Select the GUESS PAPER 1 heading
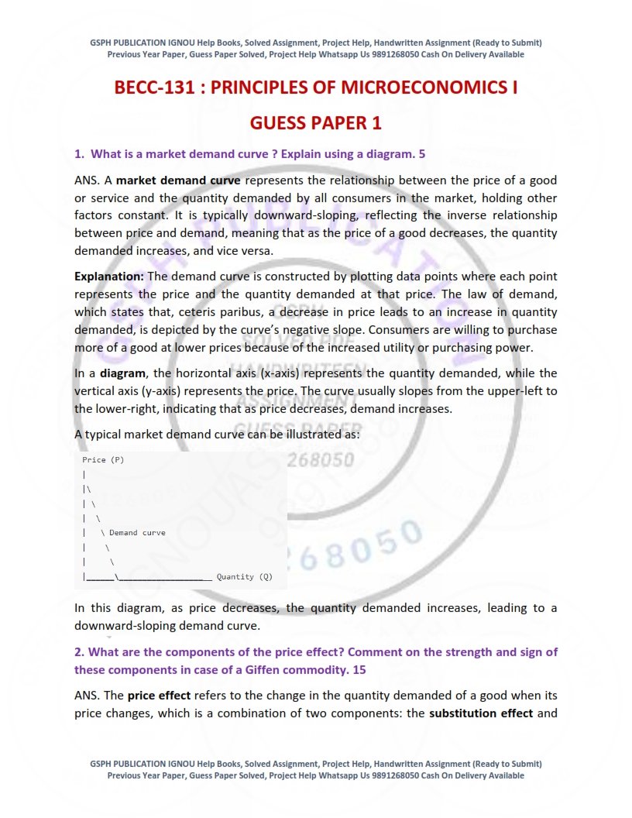315,124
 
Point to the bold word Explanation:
109,277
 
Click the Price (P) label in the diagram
103,460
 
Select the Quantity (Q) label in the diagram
244,576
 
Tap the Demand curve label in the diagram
137,533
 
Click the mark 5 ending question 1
421,154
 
